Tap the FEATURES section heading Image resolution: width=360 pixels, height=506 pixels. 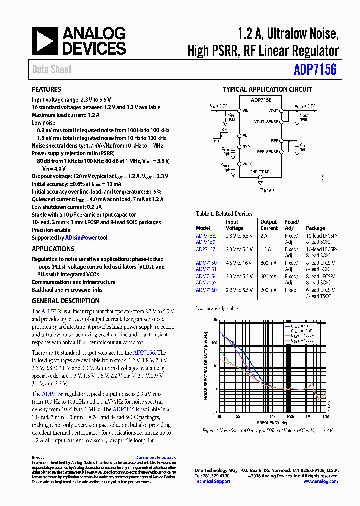pyautogui.click(x=46, y=90)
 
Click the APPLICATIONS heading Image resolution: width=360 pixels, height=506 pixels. pyautogui.click(x=53, y=249)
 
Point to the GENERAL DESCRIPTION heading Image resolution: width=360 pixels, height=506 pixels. pyautogui.click(x=65, y=301)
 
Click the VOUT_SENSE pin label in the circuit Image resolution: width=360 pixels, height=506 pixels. pyautogui.click(x=267, y=122)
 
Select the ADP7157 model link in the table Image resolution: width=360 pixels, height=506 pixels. pyautogui.click(x=205, y=249)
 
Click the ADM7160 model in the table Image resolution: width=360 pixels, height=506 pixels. pyautogui.click(x=206, y=290)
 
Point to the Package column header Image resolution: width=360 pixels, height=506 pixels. pyautogui.click(x=315, y=228)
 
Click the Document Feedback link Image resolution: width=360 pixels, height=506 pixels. pyautogui.click(x=155, y=458)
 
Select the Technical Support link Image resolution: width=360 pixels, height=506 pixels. pyautogui.click(x=212, y=481)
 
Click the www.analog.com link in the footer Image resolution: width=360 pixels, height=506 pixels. pyautogui.click(x=320, y=481)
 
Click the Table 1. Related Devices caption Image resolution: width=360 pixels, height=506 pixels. pyautogui.click(x=224, y=214)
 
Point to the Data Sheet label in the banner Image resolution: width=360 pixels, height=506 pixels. pyautogui.click(x=52, y=70)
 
